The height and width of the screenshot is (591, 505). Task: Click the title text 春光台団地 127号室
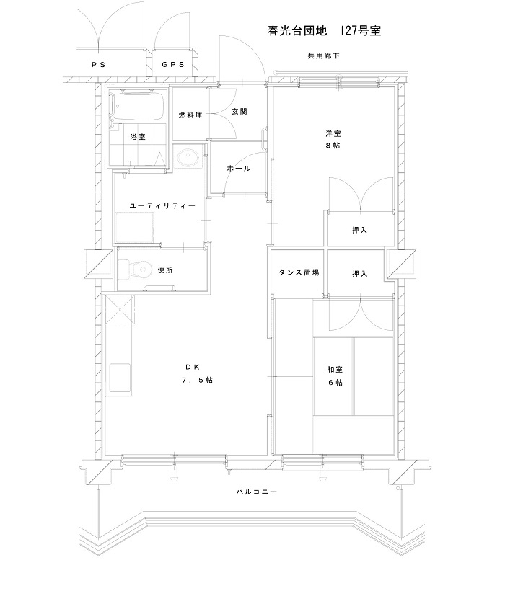click(324, 30)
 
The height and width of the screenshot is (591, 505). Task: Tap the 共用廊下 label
click(324, 55)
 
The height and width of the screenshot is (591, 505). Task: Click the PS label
click(98, 64)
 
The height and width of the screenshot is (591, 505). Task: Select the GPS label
click(173, 64)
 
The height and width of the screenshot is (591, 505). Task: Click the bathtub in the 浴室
click(138, 106)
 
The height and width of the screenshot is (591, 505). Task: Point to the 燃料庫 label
click(190, 115)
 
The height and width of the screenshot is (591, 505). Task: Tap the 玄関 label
click(239, 112)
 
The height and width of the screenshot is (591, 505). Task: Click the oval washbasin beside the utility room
click(188, 157)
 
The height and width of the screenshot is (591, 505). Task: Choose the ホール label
click(239, 169)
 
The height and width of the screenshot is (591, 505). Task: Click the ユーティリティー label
click(162, 206)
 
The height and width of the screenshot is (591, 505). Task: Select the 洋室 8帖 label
click(333, 139)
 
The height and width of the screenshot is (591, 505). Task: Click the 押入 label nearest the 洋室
click(359, 230)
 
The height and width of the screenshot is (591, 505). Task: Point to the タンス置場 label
click(299, 272)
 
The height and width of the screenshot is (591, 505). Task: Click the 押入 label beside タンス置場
click(359, 274)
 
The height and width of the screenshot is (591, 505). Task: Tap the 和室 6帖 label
click(335, 376)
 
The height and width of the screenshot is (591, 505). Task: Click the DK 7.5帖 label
click(197, 373)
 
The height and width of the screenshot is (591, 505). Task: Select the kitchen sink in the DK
click(120, 378)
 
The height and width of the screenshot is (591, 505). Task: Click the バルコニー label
click(256, 492)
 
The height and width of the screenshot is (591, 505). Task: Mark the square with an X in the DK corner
click(120, 310)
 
